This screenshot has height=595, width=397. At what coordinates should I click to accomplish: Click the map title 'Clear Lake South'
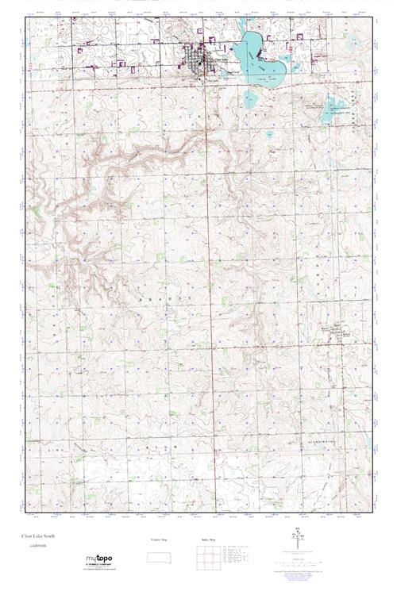40,536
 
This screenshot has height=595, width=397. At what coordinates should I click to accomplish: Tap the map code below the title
34,545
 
